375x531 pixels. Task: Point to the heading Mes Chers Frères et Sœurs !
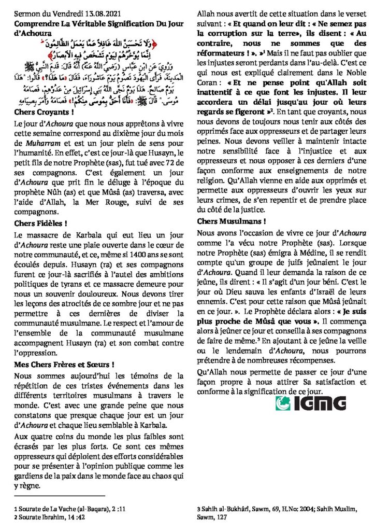[x=64, y=365]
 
